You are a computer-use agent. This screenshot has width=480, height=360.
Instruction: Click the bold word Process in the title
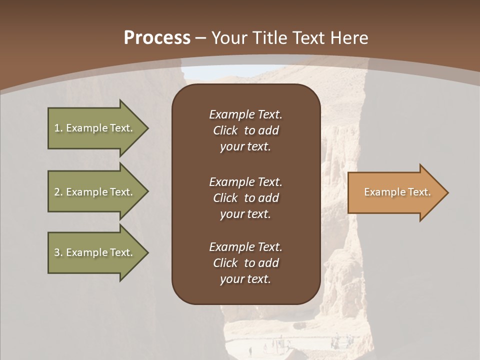157,38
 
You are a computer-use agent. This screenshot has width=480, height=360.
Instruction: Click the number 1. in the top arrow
58,128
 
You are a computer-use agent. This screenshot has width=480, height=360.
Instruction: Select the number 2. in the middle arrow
58,192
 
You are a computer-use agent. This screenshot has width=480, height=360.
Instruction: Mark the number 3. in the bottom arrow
58,252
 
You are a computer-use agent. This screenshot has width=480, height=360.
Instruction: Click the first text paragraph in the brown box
245,130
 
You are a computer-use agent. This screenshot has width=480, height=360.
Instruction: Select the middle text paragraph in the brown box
245,198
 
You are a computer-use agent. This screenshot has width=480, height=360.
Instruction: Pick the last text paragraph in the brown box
245,263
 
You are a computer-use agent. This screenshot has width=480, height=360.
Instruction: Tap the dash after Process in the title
201,38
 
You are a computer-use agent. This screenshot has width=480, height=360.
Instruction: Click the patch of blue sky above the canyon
220,72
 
